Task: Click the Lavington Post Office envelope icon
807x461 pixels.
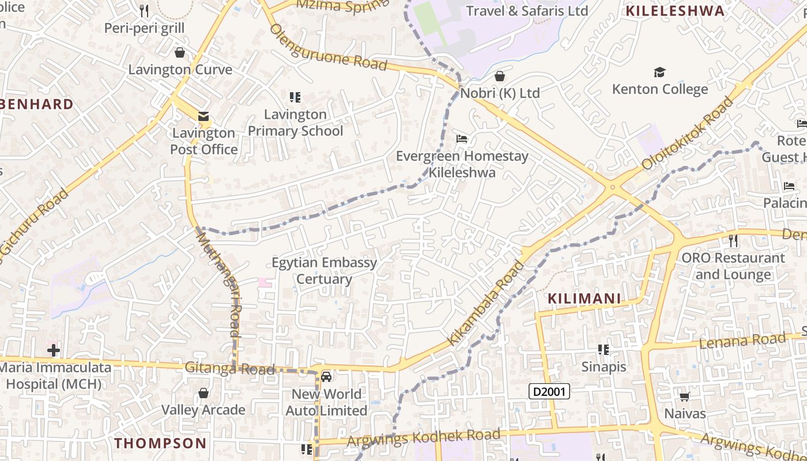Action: [x=203, y=116]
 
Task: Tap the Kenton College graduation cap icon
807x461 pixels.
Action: [x=659, y=73]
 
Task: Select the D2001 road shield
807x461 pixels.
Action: [x=549, y=392]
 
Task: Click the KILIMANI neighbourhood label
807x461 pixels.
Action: [x=584, y=298]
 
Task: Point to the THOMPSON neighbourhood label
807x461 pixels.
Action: [x=160, y=443]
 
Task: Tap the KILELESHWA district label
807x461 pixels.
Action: [x=675, y=11]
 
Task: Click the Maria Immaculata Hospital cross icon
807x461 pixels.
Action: [x=54, y=350]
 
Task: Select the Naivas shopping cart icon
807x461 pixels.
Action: [x=685, y=396]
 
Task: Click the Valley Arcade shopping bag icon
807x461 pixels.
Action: [x=203, y=394]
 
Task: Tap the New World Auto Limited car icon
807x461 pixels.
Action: [x=326, y=377]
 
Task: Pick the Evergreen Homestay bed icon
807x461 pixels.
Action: [x=462, y=139]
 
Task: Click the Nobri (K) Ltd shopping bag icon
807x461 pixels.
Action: [x=500, y=76]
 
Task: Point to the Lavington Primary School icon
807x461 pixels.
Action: [x=295, y=97]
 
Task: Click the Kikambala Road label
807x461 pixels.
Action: [x=487, y=303]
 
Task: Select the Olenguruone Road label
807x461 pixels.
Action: [x=328, y=47]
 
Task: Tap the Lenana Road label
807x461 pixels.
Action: [x=742, y=341]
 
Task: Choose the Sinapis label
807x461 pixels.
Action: [x=604, y=366]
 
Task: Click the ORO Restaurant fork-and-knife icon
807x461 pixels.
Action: [x=733, y=240]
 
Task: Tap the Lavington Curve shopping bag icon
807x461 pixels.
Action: [x=180, y=53]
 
